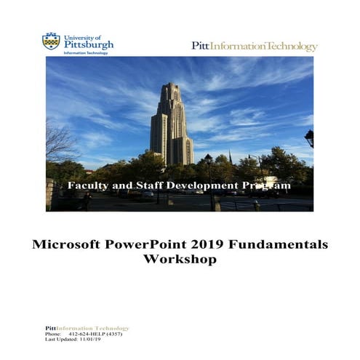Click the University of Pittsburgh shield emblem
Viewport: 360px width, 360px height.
[x=51, y=41]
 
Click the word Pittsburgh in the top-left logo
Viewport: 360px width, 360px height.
[x=89, y=44]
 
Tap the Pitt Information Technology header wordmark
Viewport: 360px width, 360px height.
[x=254, y=47]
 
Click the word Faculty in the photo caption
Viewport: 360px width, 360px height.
[x=87, y=186]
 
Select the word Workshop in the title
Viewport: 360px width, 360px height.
[x=180, y=259]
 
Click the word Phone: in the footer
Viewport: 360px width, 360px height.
[x=54, y=334]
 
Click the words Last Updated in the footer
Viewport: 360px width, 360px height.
[x=61, y=340]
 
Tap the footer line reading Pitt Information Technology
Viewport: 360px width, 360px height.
[x=87, y=328]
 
